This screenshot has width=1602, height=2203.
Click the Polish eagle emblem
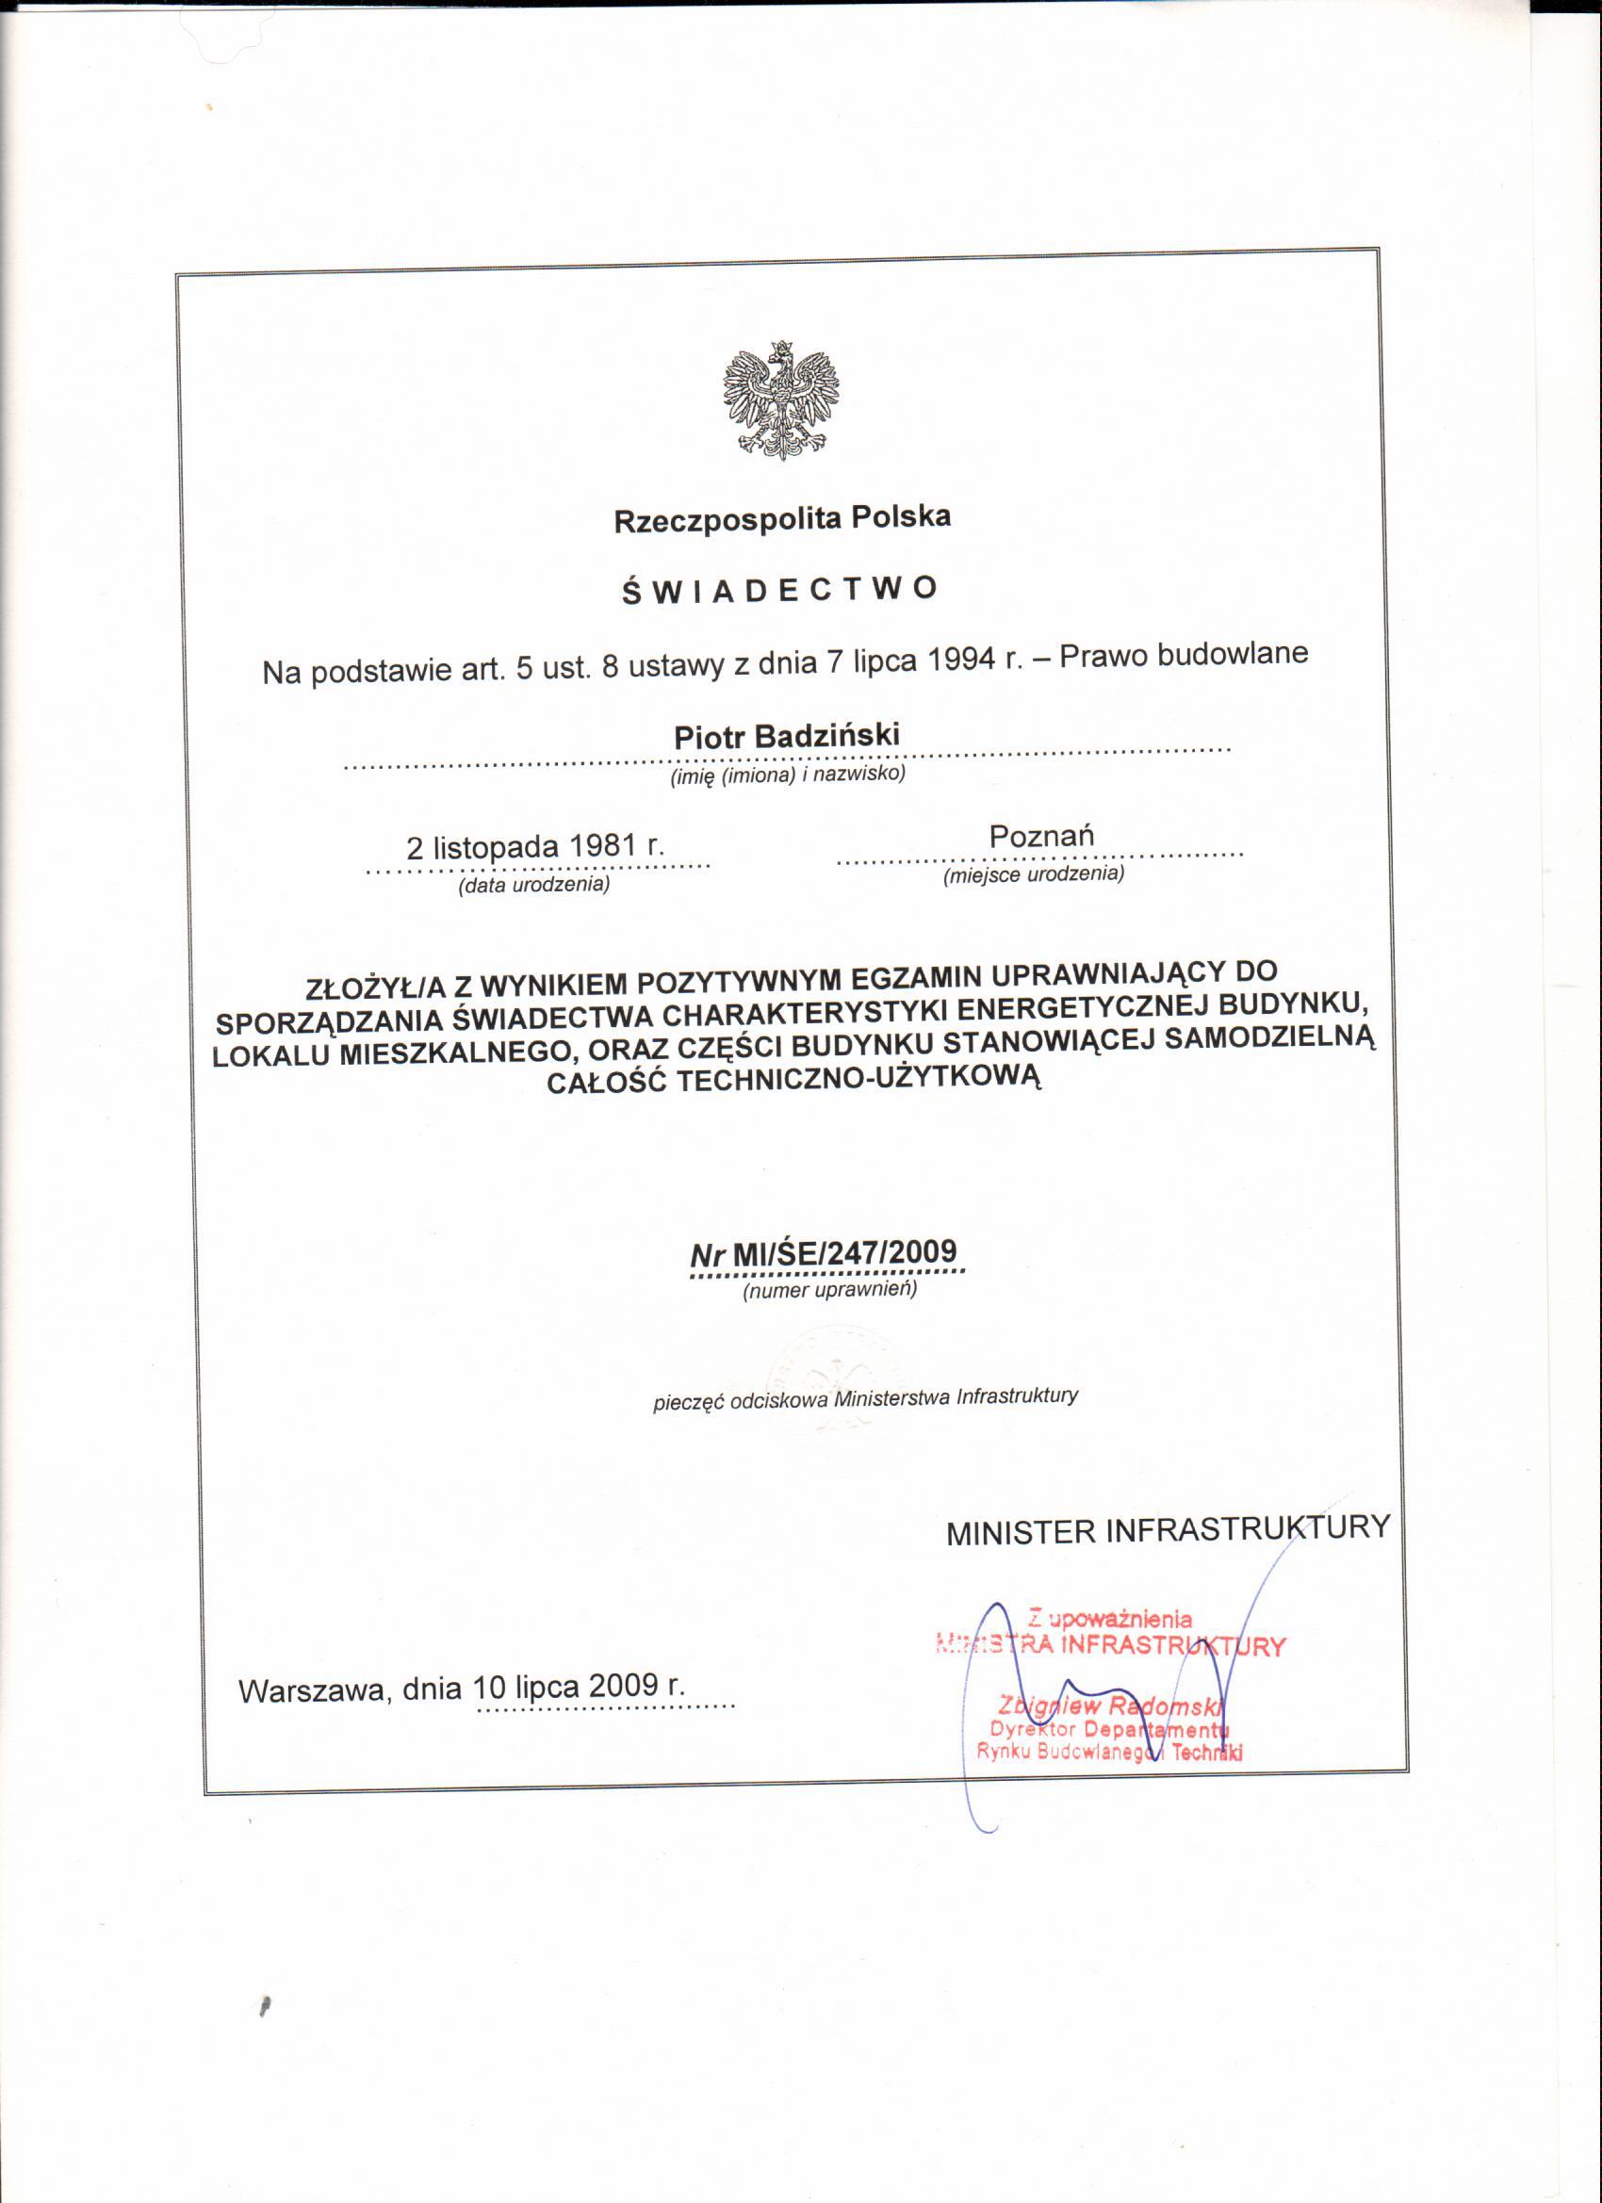pyautogui.click(x=781, y=400)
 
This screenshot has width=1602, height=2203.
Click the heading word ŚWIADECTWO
pyautogui.click(x=780, y=590)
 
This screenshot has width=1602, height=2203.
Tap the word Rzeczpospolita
pyautogui.click(x=727, y=521)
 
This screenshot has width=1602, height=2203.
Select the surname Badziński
pyautogui.click(x=826, y=735)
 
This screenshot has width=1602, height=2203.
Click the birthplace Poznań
pyautogui.click(x=1041, y=837)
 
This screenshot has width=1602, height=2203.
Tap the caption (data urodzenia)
pyautogui.click(x=534, y=885)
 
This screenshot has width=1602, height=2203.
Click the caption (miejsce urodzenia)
pyautogui.click(x=1034, y=874)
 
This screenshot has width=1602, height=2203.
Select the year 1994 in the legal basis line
pyautogui.click(x=964, y=661)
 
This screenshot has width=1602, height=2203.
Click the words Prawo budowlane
pyautogui.click(x=1184, y=655)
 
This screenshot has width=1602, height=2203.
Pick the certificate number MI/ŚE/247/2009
pyautogui.click(x=844, y=1253)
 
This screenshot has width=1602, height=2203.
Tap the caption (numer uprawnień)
pyautogui.click(x=829, y=1290)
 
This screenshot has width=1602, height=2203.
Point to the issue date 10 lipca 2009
pyautogui.click(x=565, y=1687)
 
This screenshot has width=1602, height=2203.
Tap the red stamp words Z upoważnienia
pyautogui.click(x=1109, y=1618)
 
